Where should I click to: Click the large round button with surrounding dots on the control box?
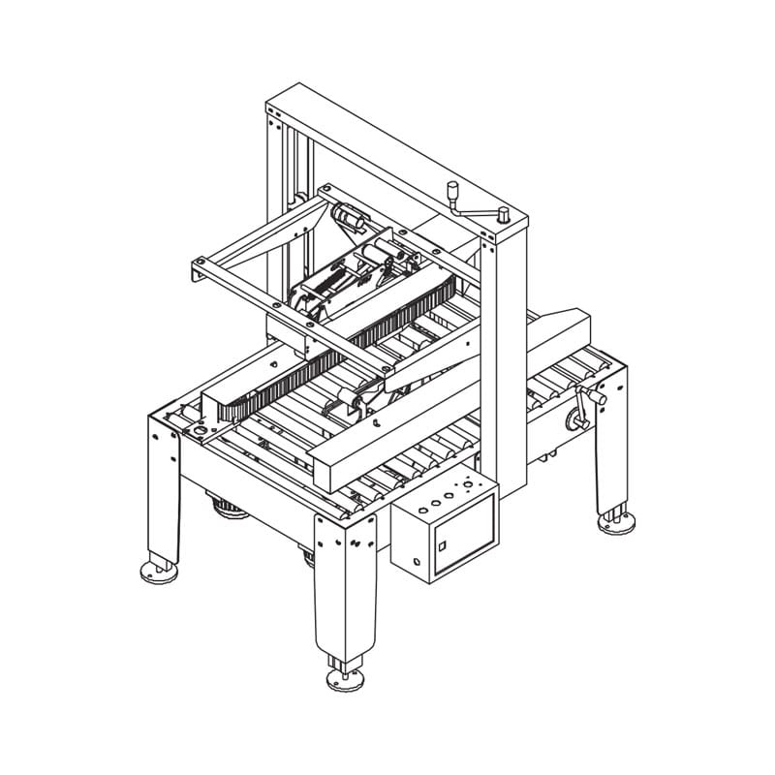click(468, 482)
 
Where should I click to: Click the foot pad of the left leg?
click(160, 571)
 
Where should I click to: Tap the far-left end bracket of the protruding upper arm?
click(198, 270)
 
